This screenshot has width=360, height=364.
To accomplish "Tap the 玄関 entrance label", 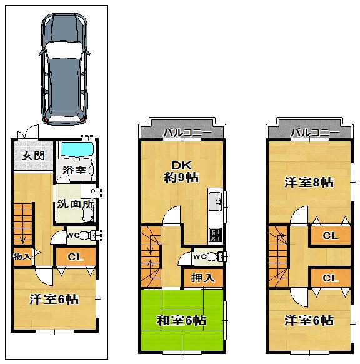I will coord(33,156).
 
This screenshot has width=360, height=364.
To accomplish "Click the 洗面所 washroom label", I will coord(74,203).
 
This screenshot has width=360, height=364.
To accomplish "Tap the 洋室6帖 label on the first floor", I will coord(54,299).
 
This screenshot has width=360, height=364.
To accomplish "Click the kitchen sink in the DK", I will coord(216,201).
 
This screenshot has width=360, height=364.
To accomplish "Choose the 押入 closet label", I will coord(201,276).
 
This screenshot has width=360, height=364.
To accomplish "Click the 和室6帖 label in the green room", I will coord(181,321).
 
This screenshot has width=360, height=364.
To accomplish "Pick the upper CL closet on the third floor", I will coord(331,236).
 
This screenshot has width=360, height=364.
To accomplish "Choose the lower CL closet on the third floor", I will coord(331,278).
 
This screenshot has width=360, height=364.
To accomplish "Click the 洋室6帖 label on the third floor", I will coord(309,321).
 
